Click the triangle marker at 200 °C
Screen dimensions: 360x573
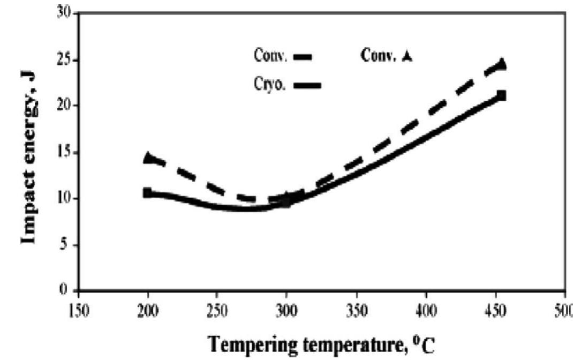click(x=148, y=157)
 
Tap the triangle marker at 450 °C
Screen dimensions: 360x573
click(x=502, y=64)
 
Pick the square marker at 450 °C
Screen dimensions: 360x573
click(x=502, y=96)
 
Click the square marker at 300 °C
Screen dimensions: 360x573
click(x=286, y=202)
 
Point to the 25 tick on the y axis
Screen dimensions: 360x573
click(x=64, y=58)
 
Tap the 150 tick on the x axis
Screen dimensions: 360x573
click(x=78, y=312)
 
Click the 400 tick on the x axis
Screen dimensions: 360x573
click(x=426, y=312)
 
